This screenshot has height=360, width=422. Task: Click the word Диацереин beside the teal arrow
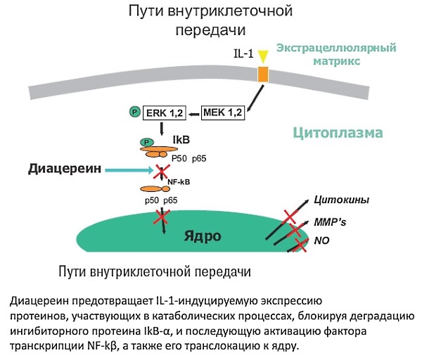tap(58, 169)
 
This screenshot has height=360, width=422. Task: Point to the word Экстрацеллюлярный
tap(336, 49)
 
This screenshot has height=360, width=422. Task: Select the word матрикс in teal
tap(335, 61)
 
